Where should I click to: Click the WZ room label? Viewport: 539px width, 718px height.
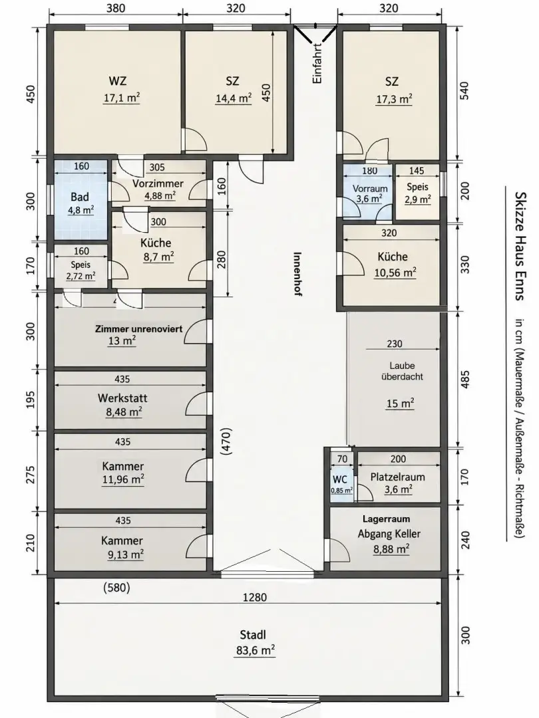pos(118,81)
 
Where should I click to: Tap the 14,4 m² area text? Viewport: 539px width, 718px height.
pos(234,98)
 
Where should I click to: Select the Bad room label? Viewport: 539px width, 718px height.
pos(80,197)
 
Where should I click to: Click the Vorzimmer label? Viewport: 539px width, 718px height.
pos(158,183)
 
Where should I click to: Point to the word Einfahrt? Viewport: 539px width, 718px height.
pos(317,63)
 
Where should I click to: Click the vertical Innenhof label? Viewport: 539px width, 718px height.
pos(297,274)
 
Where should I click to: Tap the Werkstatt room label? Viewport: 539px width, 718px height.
pos(122,398)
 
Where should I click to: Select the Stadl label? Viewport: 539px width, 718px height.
pos(253,635)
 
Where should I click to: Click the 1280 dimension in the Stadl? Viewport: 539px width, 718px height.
pos(255,597)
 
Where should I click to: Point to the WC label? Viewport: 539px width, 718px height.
pos(339,479)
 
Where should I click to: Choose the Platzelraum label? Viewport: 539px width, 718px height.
pos(397,477)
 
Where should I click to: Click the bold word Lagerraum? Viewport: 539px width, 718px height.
pos(387,519)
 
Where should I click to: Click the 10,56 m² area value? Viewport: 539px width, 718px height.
pos(395,273)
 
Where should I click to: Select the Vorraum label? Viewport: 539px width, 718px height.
pos(370,189)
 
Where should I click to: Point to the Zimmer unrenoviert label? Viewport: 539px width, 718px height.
pos(139,329)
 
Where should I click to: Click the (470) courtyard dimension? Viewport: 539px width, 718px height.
pos(226,441)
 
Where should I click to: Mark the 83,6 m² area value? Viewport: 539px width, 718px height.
pos(256,650)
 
